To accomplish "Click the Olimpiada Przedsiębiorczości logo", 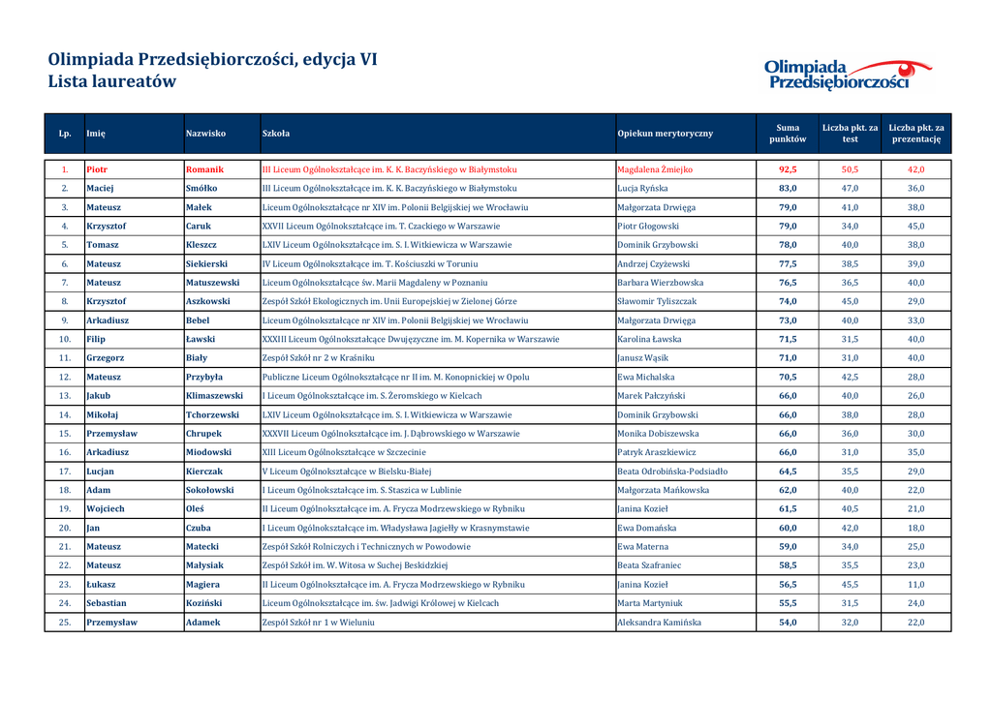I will [847, 74].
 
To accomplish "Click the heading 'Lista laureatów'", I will [112, 82].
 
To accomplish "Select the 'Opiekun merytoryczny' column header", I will [665, 134].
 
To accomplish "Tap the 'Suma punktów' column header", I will [788, 134].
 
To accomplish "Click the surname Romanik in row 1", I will [204, 169].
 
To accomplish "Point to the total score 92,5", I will [788, 169].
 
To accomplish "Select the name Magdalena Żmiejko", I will [655, 169].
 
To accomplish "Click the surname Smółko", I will [201, 188].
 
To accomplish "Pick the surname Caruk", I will [198, 226].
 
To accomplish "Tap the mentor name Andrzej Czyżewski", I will [653, 263].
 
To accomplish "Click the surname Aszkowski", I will [208, 301].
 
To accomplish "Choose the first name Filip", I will [95, 339].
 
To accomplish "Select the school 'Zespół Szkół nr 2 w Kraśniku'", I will [318, 358].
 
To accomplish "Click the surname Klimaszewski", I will [214, 396].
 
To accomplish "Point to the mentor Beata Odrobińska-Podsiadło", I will [672, 472].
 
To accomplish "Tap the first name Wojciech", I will [106, 509].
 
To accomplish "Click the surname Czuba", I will [198, 528].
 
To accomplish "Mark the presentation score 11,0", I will [915, 585].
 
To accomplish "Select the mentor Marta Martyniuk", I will [650, 603].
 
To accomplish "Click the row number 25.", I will [65, 623].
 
